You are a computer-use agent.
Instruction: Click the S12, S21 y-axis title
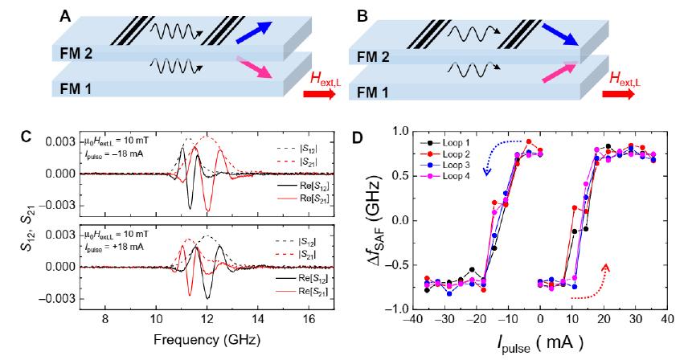coord(38,221)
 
